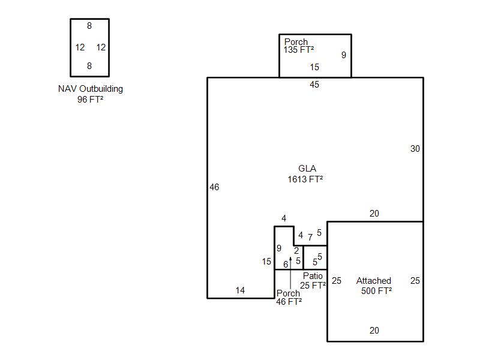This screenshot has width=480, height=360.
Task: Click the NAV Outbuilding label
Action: (91, 89)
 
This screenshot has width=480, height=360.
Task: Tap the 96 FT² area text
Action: (91, 100)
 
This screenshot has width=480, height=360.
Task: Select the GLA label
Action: (307, 169)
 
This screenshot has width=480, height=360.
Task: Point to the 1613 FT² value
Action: (305, 179)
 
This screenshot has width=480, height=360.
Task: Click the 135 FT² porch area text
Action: (298, 50)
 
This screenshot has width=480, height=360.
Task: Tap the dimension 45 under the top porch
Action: (314, 85)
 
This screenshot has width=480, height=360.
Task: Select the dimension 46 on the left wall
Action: (214, 187)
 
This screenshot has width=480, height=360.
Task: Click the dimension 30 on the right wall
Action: (415, 149)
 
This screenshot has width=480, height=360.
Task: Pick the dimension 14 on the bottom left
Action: (241, 290)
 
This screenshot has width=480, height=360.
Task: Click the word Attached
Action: (374, 281)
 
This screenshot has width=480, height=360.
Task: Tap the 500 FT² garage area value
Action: (377, 291)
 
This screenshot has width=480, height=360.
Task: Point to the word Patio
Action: (313, 276)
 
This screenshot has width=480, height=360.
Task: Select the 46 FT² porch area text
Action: (289, 302)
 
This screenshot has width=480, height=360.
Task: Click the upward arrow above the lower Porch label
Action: (290, 272)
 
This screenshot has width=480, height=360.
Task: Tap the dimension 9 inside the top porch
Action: (344, 55)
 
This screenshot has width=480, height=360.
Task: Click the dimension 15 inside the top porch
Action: (314, 67)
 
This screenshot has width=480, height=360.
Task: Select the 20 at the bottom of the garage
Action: (374, 331)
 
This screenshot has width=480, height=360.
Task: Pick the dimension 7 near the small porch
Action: (310, 237)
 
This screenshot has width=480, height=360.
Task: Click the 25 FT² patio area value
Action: (313, 286)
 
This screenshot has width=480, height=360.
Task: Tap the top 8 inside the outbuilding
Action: (89, 26)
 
